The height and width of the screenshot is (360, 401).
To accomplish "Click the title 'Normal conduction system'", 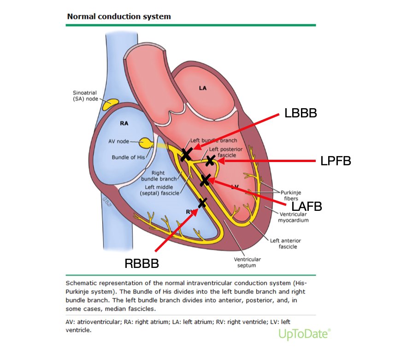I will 119,17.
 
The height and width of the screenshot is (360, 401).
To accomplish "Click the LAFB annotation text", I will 304,207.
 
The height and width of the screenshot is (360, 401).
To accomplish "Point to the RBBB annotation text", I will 142,263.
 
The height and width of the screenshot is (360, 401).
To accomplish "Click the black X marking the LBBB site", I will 186,154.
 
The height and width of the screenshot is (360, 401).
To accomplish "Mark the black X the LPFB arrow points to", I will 211,160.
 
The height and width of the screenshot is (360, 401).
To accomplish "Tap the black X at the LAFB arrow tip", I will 206,180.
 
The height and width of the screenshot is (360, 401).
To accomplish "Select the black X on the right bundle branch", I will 202,202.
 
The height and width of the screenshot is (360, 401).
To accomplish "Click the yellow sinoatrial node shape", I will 110,105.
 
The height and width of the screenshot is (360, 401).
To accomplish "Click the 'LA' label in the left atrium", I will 203,87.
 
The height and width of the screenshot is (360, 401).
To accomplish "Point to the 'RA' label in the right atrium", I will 124,123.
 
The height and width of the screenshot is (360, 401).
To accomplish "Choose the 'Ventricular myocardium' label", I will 294,217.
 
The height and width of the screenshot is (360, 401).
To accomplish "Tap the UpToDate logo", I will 305,333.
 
